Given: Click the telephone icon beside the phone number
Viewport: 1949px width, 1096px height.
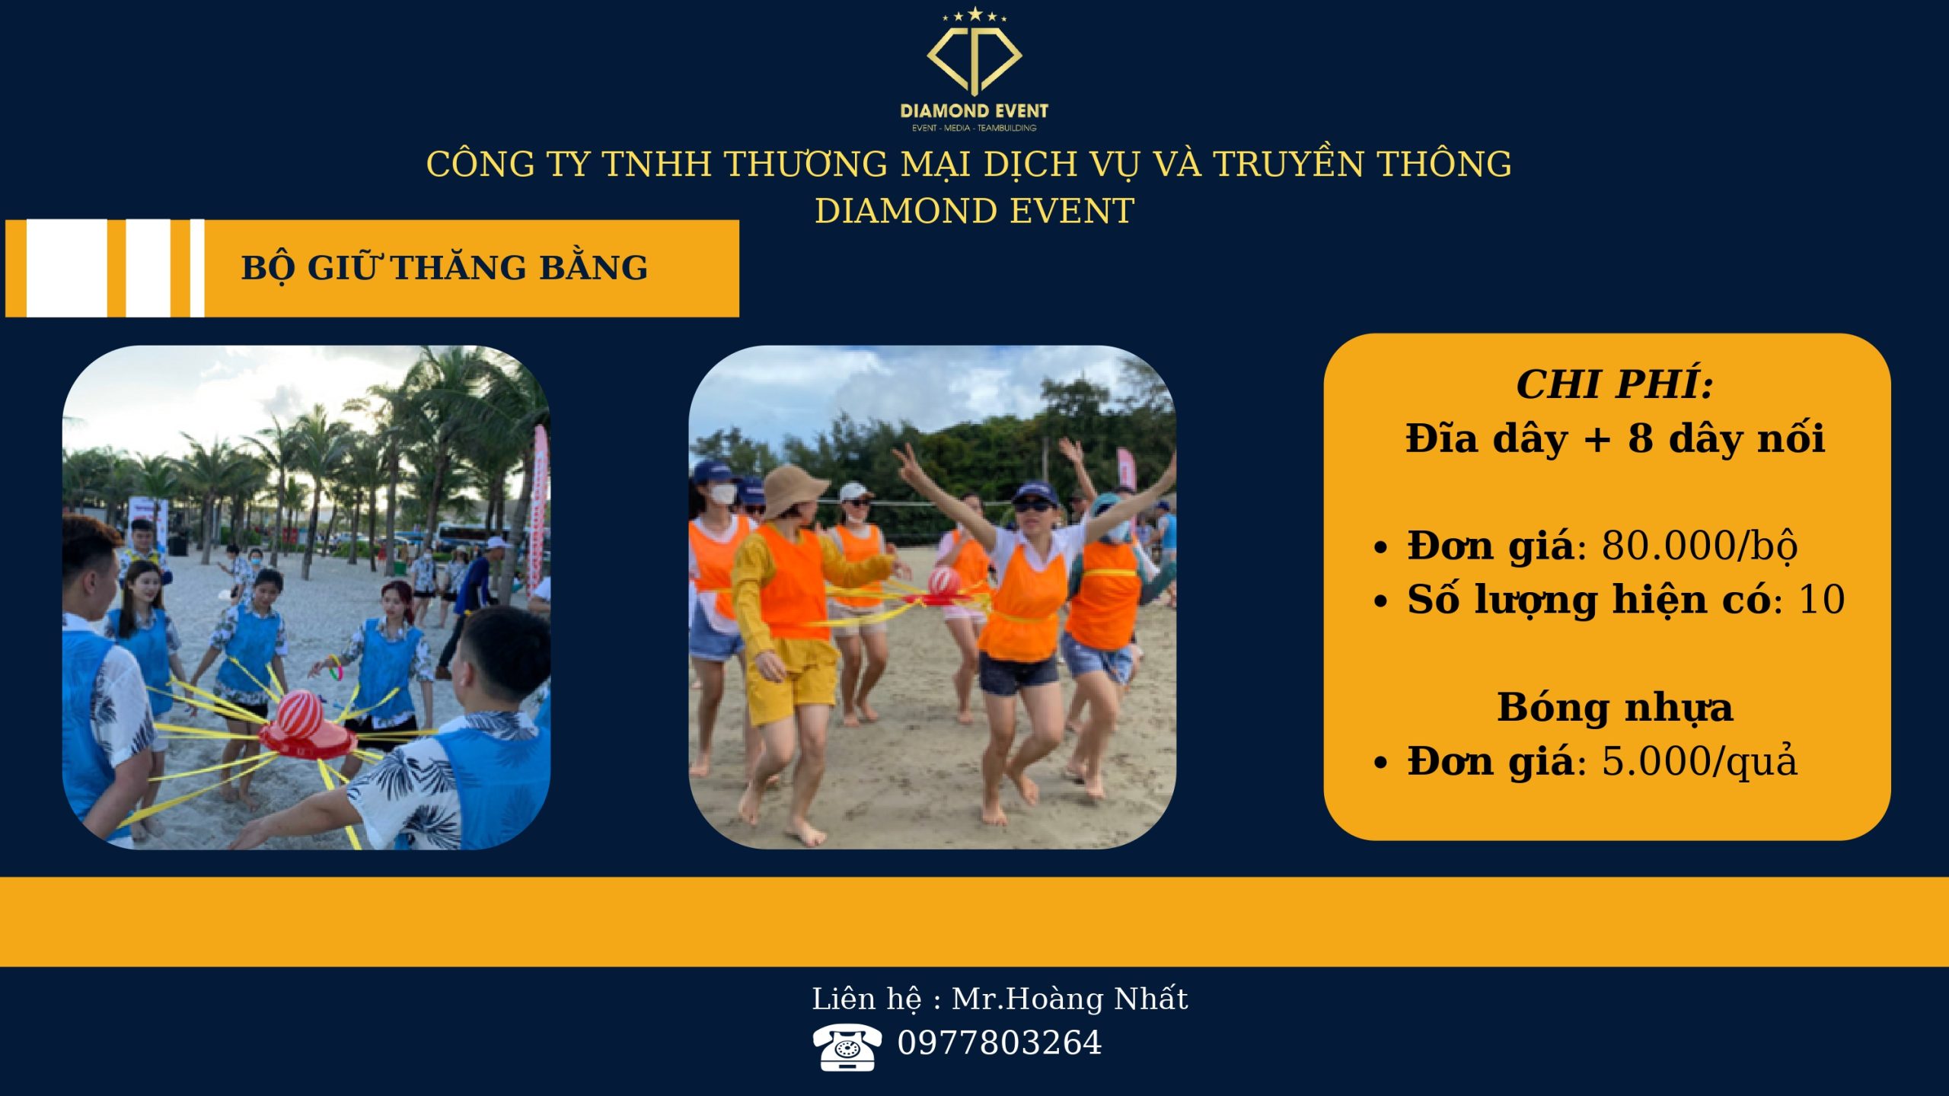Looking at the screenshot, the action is click(847, 1047).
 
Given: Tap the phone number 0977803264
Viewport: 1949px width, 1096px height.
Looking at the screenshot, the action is click(1000, 1043).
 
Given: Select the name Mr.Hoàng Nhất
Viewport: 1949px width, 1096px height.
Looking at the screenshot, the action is click(1070, 999).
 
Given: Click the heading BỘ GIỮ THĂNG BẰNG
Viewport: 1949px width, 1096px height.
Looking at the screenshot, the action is click(445, 266).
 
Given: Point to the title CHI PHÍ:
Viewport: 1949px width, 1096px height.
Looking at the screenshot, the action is click(1615, 384).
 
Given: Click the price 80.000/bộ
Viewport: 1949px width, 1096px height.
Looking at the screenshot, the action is click(1700, 546).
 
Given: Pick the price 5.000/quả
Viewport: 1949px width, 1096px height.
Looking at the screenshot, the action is click(1700, 761).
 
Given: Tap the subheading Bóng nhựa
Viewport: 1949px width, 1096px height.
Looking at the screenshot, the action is click(1615, 708).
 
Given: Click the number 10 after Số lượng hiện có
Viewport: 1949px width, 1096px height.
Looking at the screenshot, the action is click(1821, 600).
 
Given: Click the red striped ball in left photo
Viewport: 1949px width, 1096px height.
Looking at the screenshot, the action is click(299, 713).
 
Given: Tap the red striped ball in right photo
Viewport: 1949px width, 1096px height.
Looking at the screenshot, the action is click(944, 581).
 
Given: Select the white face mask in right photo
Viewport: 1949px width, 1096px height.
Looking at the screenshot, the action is click(723, 494).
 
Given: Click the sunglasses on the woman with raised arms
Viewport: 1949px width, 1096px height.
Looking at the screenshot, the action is click(1034, 505).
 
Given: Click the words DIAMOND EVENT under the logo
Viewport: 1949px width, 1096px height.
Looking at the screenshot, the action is click(974, 110).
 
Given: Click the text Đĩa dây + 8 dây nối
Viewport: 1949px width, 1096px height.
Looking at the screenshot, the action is click(1615, 439).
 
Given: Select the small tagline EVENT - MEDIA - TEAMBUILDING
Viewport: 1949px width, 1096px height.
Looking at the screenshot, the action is click(974, 128).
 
